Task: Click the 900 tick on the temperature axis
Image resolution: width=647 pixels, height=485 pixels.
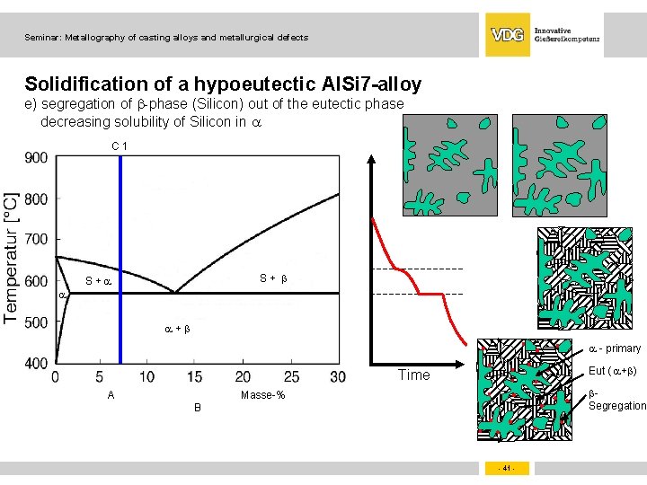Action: point(36,158)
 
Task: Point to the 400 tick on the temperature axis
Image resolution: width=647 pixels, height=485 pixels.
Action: point(36,363)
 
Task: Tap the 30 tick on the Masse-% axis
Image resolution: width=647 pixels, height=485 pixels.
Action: point(338,377)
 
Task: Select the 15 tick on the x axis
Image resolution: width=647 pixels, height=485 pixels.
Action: point(196,377)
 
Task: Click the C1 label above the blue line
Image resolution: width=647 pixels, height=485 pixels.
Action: point(120,145)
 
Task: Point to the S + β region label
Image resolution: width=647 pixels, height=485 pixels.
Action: point(273,278)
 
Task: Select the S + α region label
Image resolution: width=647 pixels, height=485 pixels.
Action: point(97,281)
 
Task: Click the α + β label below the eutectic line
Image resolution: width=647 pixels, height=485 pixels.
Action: point(176,329)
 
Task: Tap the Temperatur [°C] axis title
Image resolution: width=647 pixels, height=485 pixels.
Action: point(12,257)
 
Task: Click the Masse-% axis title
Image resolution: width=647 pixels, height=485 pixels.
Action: point(263,396)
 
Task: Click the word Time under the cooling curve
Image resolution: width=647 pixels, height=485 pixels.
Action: point(413,375)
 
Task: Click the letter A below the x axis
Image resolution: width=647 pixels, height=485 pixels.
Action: point(111,395)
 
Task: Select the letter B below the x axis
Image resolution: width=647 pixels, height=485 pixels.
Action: point(199,408)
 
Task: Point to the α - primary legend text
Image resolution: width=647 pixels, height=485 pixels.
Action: point(615,348)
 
